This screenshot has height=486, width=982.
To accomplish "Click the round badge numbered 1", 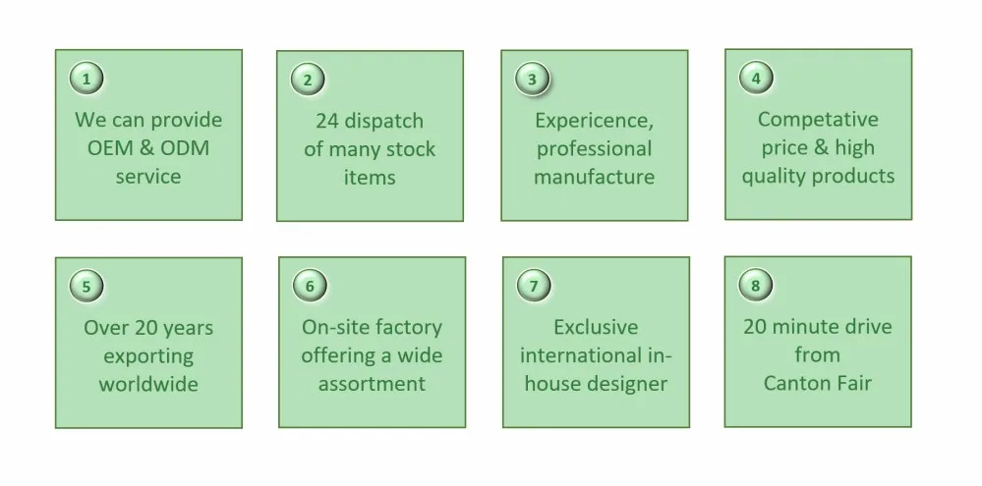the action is point(86,79).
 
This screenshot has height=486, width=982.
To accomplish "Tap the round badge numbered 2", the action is point(307,80).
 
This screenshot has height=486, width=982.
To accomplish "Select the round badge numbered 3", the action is point(532,79).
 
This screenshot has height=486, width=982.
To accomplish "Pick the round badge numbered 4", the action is point(756,78).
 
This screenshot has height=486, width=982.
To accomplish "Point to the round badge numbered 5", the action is point(86,286).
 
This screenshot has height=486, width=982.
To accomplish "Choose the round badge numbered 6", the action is point(310,286).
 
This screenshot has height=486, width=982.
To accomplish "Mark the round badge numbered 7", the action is point(534,286).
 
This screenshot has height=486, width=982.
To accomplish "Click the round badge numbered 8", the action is point(755,285).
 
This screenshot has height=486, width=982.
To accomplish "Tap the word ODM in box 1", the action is point(185,148).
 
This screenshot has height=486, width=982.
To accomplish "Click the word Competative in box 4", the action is point(818,120).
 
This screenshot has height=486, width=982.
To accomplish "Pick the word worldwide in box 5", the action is point(148,384).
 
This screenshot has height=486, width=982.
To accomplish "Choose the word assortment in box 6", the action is point(372,384).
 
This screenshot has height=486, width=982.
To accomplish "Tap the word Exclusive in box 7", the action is point(596,327).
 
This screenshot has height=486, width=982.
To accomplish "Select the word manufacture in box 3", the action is point(594,177).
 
